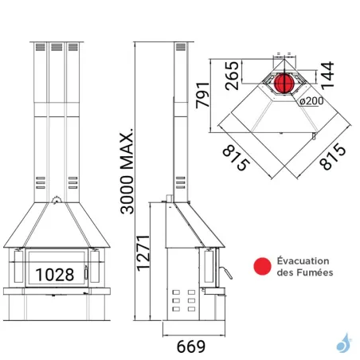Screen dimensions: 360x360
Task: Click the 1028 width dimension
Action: (x=54, y=274)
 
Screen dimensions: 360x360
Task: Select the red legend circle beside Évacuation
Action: (x=259, y=267)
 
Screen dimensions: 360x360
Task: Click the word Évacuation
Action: (x=306, y=260)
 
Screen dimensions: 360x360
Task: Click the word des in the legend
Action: (x=286, y=273)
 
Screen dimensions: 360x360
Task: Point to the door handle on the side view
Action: (x=226, y=275)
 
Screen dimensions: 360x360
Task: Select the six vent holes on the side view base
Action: (x=182, y=304)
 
